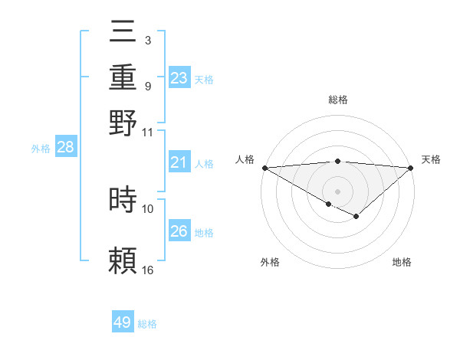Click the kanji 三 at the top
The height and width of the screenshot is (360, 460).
tap(123, 34)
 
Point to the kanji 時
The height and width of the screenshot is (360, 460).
tap(123, 200)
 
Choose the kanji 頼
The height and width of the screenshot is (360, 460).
tap(123, 261)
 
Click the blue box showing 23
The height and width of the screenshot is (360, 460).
tap(179, 77)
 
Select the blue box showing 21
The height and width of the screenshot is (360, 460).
tap(179, 162)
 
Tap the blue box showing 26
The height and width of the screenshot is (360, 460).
tap(179, 231)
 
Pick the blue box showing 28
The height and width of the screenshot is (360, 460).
tap(65, 148)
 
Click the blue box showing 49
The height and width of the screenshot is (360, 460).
tap(123, 322)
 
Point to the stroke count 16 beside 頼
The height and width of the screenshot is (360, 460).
tap(148, 270)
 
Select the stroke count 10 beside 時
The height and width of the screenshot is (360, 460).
tap(148, 208)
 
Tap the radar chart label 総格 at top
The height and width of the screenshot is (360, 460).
tap(337, 100)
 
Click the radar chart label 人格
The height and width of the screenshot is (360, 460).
tap(245, 159)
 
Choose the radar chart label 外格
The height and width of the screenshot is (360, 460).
tap(270, 262)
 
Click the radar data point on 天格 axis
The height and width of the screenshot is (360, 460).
tap(411, 168)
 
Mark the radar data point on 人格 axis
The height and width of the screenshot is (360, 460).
tap(264, 168)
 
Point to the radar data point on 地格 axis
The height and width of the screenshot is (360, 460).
tap(356, 217)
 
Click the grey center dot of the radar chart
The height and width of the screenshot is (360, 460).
tap(337, 191)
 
